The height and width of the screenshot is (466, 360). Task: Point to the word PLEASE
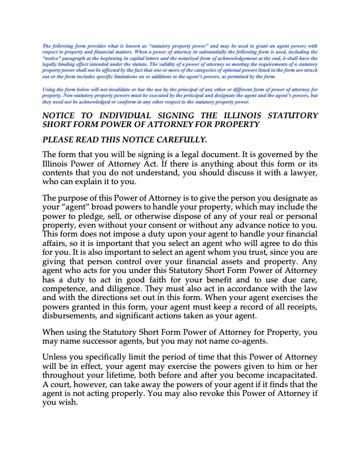click(x=61, y=139)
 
